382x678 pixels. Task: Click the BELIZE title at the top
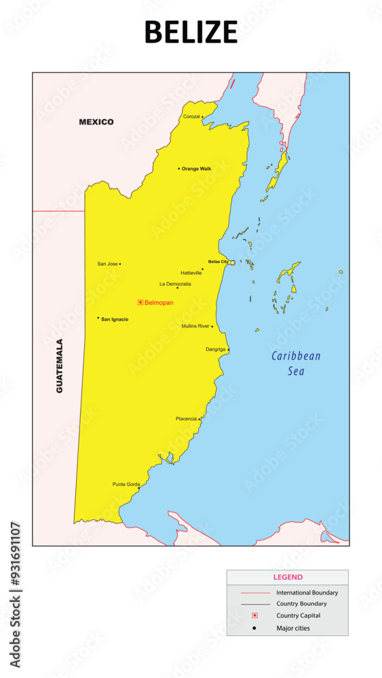191,32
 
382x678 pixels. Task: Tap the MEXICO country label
96,122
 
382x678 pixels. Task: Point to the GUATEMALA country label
60,366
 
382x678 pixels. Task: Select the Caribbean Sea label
296,363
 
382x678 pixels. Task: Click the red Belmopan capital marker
140,302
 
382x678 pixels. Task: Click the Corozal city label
191,117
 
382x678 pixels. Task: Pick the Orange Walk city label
196,169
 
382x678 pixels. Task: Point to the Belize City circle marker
232,262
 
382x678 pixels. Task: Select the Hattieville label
191,273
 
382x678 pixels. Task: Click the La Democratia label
175,284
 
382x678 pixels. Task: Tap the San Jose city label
107,264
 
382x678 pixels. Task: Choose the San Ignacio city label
115,319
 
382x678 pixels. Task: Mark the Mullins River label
195,326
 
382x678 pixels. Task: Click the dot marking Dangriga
228,350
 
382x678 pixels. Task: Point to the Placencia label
186,419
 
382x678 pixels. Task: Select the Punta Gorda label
126,485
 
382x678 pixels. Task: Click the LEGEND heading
288,578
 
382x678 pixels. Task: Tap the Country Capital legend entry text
298,616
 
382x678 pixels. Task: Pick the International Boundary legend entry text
307,593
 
